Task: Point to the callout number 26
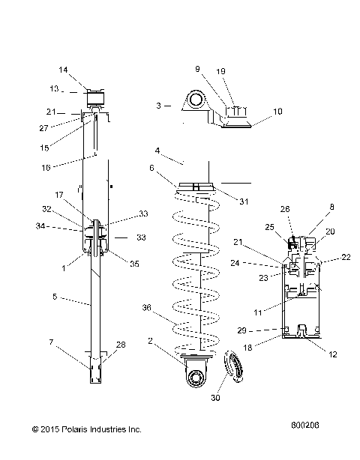[286, 209]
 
